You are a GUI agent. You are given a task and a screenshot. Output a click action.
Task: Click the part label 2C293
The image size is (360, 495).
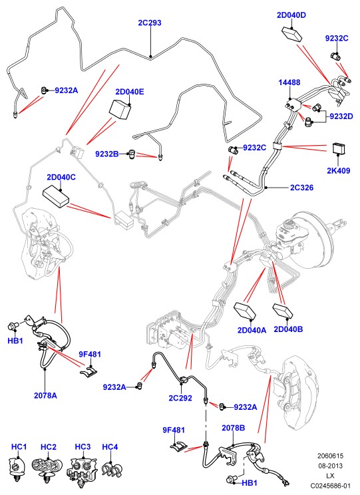click(x=150, y=23)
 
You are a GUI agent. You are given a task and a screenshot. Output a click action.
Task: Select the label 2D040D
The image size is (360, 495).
click(x=291, y=15)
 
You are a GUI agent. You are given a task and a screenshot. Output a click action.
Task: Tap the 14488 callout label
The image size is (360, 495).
click(x=289, y=82)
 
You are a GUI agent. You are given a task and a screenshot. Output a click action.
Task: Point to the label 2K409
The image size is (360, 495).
click(x=338, y=171)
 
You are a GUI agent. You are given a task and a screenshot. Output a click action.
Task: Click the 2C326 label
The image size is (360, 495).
click(x=302, y=188)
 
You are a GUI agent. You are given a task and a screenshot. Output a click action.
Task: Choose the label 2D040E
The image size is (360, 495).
click(x=130, y=92)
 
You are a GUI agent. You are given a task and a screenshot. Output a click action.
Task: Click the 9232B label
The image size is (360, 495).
click(x=107, y=154)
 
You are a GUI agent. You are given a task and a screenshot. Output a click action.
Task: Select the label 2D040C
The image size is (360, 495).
click(x=61, y=177)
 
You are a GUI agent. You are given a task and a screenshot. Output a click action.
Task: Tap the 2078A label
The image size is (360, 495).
click(x=45, y=395)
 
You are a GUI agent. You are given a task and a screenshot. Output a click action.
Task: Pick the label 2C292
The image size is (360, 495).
click(x=180, y=398)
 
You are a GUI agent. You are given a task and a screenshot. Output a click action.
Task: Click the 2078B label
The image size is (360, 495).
click(x=234, y=428)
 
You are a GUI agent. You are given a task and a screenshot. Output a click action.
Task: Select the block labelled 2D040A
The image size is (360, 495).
click(x=244, y=311)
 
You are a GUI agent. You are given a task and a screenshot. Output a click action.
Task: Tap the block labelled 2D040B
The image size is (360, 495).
click(x=283, y=311)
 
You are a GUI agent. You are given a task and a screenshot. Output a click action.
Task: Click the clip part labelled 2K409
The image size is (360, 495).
click(x=339, y=149)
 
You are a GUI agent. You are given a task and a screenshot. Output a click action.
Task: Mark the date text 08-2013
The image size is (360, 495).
click(x=330, y=466)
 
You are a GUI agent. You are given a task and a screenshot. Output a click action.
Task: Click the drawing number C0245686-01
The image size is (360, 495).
click(x=330, y=485)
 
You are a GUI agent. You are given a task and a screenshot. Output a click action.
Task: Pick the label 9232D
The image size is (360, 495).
click(x=341, y=116)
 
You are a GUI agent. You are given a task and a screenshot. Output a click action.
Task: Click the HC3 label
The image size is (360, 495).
click(x=83, y=446)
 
